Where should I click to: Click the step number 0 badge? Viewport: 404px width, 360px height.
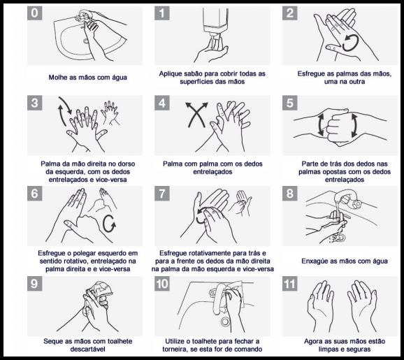(x=34, y=13)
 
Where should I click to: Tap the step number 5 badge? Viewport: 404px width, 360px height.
(x=289, y=103)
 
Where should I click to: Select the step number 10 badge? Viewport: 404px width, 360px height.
(x=162, y=284)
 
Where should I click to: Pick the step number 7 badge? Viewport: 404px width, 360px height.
(x=162, y=193)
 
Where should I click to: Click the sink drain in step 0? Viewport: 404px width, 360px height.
(x=86, y=41)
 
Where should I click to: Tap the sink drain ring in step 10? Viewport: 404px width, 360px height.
(x=225, y=322)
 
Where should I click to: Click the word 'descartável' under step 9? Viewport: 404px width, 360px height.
(x=87, y=350)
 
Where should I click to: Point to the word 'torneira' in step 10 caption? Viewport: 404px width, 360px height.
(x=174, y=350)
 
